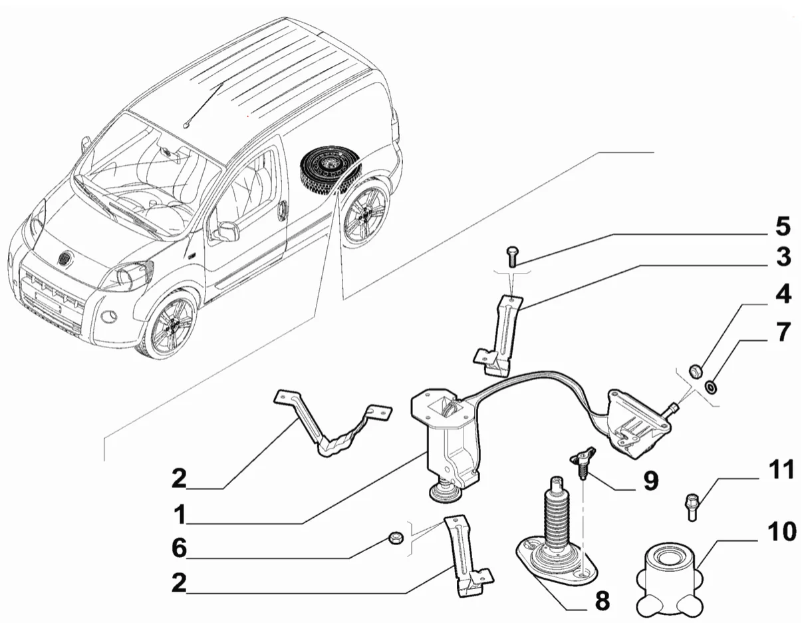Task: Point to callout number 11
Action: coord(781,471)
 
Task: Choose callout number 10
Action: coord(781,532)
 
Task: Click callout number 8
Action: coord(601,601)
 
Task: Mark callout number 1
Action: coord(179,515)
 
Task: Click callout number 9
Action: coord(649,479)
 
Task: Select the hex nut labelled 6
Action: coord(395,536)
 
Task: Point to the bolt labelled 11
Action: coord(691,506)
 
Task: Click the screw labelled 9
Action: coord(580,464)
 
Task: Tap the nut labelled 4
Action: coord(694,370)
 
